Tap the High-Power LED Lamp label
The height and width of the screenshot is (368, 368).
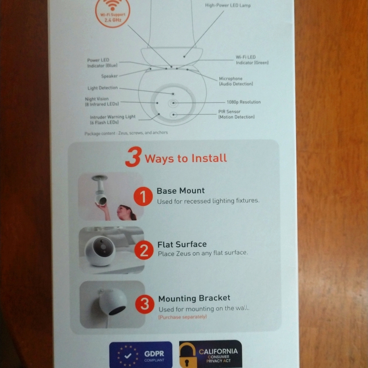pyautogui.click(x=228, y=6)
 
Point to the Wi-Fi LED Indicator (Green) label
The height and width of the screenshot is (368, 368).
pyautogui.click(x=252, y=60)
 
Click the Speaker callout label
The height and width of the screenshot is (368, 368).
pyautogui.click(x=109, y=76)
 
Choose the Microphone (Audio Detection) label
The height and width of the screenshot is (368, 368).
pyautogui.click(x=236, y=81)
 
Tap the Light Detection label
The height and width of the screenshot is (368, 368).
pyautogui.click(x=103, y=88)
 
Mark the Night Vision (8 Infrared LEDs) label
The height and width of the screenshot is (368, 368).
pyautogui.click(x=102, y=102)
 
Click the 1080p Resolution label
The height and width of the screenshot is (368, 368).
pyautogui.click(x=243, y=102)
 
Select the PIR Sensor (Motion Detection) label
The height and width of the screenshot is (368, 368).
pyautogui.click(x=236, y=114)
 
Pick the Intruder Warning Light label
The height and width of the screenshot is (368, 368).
pyautogui.click(x=113, y=119)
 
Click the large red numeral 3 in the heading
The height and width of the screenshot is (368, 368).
pyautogui.click(x=133, y=157)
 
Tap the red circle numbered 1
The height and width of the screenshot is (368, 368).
pyautogui.click(x=143, y=197)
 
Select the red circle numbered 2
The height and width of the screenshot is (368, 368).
pyautogui.click(x=144, y=251)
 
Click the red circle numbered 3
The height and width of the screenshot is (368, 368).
pyautogui.click(x=145, y=304)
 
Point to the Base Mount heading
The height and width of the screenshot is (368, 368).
pyautogui.click(x=180, y=191)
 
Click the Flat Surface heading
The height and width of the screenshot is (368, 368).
pyautogui.click(x=182, y=244)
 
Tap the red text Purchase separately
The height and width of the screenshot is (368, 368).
pyautogui.click(x=183, y=317)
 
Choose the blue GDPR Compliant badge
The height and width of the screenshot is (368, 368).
pyautogui.click(x=141, y=355)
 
